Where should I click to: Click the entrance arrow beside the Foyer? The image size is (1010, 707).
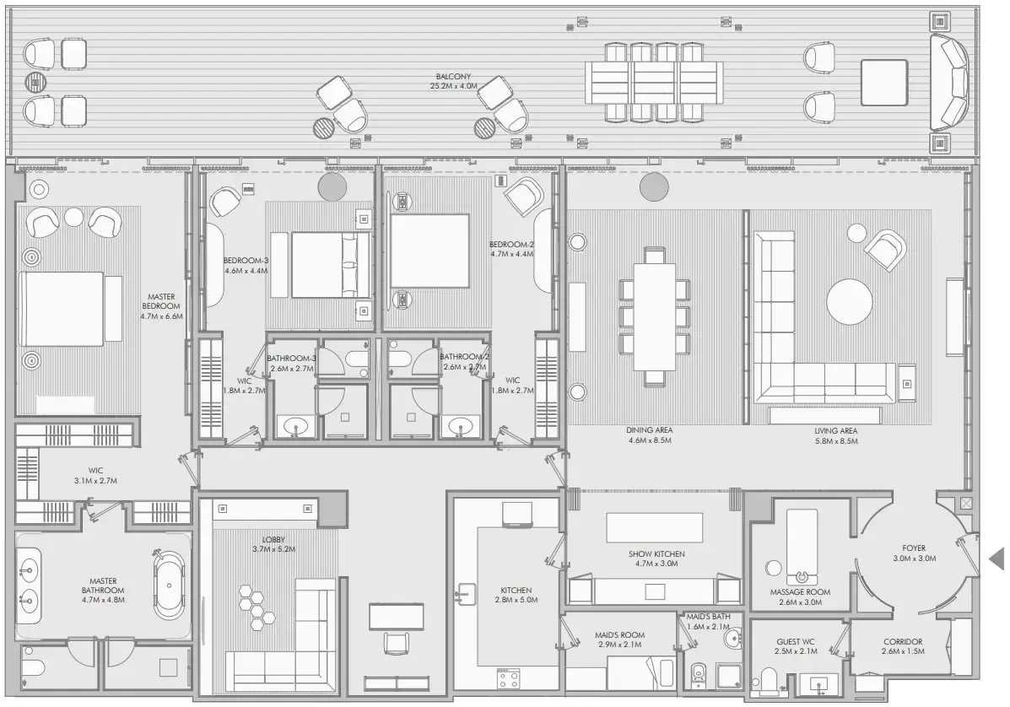pyautogui.click(x=996, y=558)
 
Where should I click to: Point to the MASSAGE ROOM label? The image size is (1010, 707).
pyautogui.click(x=799, y=592)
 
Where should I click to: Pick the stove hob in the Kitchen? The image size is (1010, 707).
pyautogui.click(x=510, y=677)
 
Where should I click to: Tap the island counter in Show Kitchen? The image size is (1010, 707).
pyautogui.click(x=654, y=528)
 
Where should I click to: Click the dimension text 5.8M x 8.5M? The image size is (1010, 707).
pyautogui.click(x=835, y=440)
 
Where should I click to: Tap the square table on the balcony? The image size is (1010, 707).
pyautogui.click(x=883, y=83)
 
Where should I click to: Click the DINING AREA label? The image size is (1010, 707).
pyautogui.click(x=649, y=430)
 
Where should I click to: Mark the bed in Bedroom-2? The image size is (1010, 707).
pyautogui.click(x=429, y=252)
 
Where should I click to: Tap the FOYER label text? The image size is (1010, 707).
pyautogui.click(x=913, y=548)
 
